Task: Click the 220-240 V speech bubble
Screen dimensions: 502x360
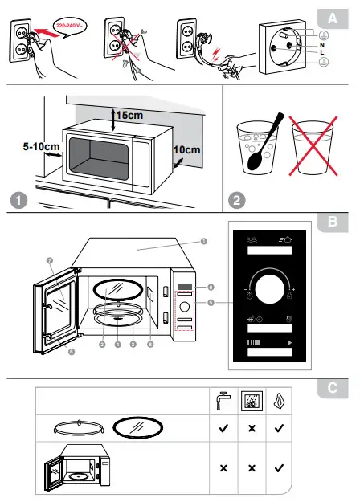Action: [70, 26]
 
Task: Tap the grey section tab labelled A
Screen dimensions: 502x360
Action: [331, 17]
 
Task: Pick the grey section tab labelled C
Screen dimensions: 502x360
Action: [332, 388]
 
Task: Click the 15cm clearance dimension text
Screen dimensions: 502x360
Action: [128, 115]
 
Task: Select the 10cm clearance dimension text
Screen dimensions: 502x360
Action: [186, 150]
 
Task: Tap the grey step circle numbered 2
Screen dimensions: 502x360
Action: [236, 199]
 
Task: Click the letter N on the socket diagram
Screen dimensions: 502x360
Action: [321, 46]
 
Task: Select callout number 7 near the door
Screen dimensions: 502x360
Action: [49, 261]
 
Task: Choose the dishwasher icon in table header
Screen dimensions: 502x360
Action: [251, 399]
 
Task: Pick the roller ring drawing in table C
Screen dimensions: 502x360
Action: [76, 429]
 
